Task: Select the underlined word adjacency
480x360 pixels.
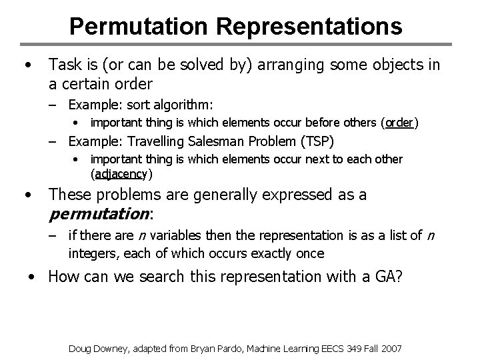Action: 120,175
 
